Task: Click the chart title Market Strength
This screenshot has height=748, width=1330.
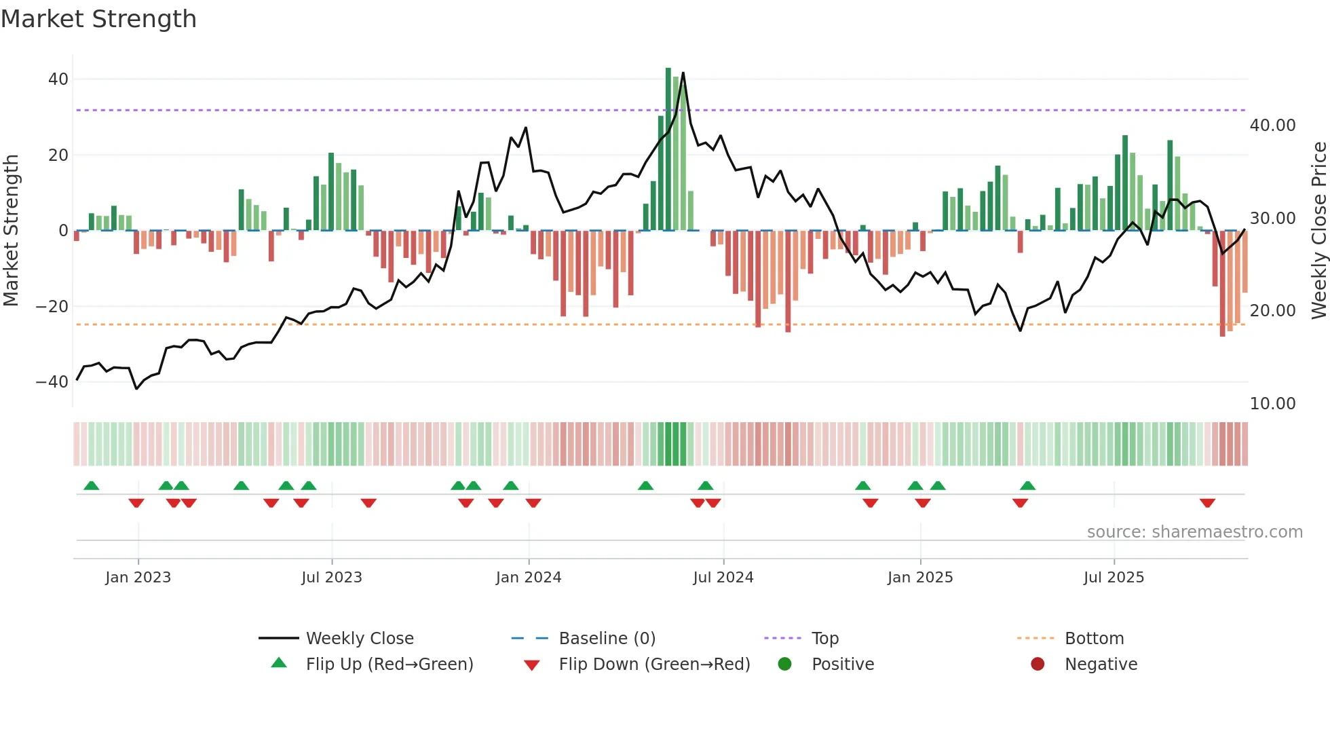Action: tap(98, 19)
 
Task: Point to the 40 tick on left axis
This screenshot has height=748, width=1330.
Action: tap(58, 79)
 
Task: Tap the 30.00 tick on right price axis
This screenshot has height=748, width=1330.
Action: tap(1272, 219)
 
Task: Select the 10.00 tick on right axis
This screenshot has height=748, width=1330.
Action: tap(1272, 404)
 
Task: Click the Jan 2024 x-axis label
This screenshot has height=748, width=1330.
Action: tap(529, 578)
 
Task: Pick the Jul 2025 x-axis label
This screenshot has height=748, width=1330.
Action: tap(1114, 578)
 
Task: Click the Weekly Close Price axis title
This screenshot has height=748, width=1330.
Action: tap(1318, 231)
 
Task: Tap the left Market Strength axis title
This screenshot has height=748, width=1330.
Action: tap(11, 231)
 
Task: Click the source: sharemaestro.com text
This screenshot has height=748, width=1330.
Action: tap(1194, 532)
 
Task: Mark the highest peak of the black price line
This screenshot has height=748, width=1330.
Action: tap(683, 73)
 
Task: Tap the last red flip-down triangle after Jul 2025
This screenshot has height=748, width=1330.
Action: tap(1207, 503)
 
